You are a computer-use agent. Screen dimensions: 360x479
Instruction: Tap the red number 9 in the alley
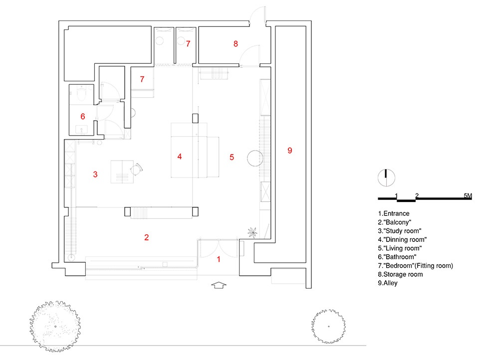pyautogui.click(x=290, y=150)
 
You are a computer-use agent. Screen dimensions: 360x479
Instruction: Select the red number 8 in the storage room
pyautogui.click(x=236, y=44)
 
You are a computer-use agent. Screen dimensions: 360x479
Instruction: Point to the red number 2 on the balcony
pyautogui.click(x=146, y=237)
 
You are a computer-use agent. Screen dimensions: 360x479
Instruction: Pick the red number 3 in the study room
pyautogui.click(x=95, y=174)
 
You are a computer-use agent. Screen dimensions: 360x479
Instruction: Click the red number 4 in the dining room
pyautogui.click(x=180, y=157)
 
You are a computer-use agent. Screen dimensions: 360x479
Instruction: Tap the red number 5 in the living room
pyautogui.click(x=232, y=157)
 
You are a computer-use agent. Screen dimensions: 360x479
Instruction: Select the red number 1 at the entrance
pyautogui.click(x=218, y=259)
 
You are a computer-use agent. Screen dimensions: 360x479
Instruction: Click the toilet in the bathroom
pyautogui.click(x=83, y=91)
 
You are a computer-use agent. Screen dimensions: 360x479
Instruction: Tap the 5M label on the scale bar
pyautogui.click(x=467, y=195)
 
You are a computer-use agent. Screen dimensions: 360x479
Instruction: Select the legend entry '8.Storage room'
pyautogui.click(x=400, y=274)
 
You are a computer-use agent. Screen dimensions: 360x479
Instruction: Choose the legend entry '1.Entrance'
pyautogui.click(x=394, y=213)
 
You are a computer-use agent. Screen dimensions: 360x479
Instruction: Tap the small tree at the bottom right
pyautogui.click(x=328, y=326)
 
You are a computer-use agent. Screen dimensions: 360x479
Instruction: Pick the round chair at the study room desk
pyautogui.click(x=136, y=170)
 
